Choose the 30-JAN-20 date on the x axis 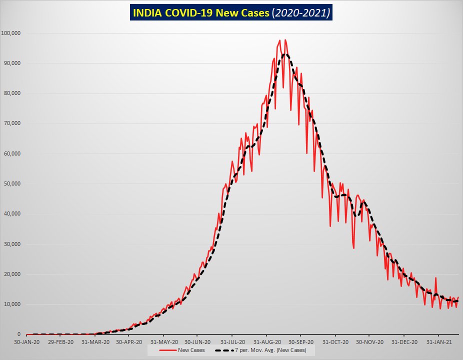tap(26, 342)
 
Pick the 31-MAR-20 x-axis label tap(94, 342)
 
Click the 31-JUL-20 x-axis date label tap(231, 342)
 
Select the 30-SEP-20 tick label tap(300, 342)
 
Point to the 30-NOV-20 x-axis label tap(369, 342)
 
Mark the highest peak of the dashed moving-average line tap(285, 54)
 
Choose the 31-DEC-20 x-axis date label tap(403, 342)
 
